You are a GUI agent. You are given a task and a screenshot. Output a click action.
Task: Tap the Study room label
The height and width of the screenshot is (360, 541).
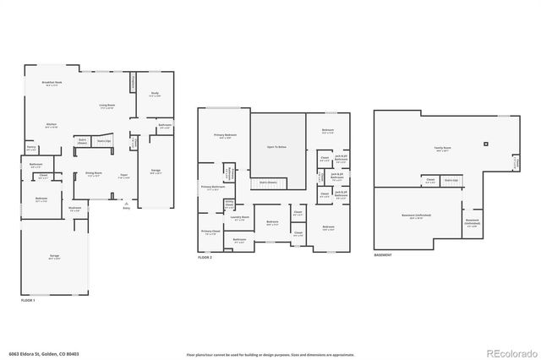click(x=155, y=95)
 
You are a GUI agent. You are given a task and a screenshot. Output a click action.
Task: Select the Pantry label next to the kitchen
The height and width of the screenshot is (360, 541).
click(x=31, y=147)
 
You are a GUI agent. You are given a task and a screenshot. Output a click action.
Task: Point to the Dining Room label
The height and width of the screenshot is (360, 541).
click(x=94, y=173)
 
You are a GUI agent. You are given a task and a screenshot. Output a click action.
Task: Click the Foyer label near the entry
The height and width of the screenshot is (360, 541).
click(x=123, y=175)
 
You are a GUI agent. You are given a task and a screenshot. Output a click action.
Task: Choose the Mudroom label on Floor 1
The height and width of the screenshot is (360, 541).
click(x=74, y=208)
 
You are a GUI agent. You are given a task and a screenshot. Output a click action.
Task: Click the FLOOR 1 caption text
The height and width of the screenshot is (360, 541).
click(x=29, y=300)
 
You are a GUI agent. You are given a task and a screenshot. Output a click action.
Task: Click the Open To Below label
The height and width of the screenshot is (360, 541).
click(x=277, y=145)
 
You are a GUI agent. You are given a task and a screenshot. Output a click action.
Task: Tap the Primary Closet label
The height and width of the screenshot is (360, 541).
click(x=210, y=231)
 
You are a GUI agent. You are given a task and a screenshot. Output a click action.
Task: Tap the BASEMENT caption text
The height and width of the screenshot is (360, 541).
click(x=383, y=255)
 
